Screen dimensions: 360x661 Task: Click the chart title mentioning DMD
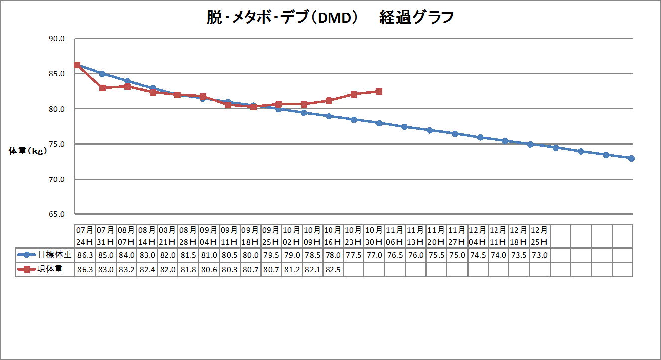[x=330, y=18]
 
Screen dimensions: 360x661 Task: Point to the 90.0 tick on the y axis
[x=55, y=39]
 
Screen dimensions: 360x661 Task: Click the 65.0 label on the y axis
[x=55, y=214]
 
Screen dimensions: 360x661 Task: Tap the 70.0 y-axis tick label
[x=55, y=179]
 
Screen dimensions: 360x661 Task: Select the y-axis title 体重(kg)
[x=28, y=151]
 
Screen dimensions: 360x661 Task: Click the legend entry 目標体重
[x=50, y=254]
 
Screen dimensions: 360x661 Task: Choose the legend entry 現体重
[x=50, y=269]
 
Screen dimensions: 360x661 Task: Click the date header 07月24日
[x=85, y=236]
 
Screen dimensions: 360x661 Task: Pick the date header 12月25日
[x=540, y=236]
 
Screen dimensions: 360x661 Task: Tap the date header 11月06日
[x=395, y=236]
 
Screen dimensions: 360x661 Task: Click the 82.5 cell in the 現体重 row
[x=333, y=269]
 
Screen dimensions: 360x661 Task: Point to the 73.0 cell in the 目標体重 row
[x=540, y=254]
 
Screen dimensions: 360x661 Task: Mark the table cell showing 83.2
[x=126, y=269]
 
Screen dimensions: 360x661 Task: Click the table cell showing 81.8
[x=188, y=269]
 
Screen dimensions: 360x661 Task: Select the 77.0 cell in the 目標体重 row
[x=374, y=254]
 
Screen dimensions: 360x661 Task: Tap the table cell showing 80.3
[x=229, y=269]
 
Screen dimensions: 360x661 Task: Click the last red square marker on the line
[x=379, y=92]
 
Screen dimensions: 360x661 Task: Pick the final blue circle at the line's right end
[x=631, y=158]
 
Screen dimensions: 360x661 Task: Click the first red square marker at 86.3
[x=77, y=65]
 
